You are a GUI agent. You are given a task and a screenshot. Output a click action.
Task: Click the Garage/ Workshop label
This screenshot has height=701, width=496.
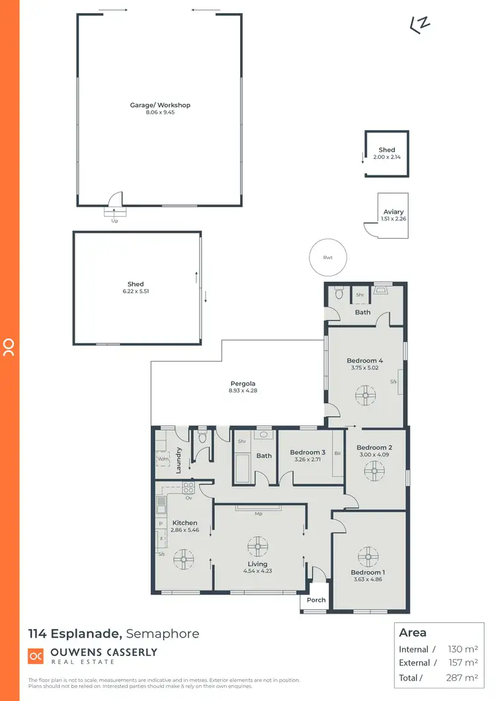(160, 105)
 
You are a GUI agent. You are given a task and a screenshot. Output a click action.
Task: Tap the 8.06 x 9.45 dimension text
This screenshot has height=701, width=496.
(160, 113)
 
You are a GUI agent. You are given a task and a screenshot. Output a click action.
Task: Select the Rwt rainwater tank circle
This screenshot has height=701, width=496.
(327, 257)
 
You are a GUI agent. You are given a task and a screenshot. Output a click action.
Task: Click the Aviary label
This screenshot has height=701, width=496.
(393, 212)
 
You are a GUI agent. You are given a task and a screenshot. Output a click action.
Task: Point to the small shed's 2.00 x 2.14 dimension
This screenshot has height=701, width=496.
(387, 157)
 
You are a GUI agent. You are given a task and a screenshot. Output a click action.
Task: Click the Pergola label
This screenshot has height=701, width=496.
(243, 384)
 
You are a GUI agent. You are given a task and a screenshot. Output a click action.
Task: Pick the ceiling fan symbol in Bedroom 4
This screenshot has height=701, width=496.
(364, 397)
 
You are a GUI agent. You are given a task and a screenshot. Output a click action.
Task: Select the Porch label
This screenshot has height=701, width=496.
(317, 600)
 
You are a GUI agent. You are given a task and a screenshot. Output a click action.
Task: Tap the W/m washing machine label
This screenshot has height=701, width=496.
(163, 457)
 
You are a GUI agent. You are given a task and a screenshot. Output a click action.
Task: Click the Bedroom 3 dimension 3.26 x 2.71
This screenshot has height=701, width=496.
(308, 460)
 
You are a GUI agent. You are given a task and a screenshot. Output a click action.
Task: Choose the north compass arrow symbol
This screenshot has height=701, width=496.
(419, 24)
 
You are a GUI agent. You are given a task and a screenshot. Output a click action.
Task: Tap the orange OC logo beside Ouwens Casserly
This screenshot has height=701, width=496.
(36, 656)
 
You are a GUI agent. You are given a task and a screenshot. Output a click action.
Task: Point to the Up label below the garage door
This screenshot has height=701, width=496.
(114, 222)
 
